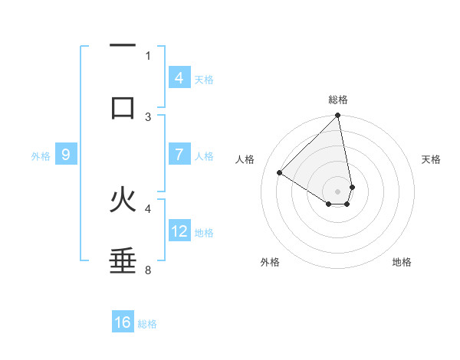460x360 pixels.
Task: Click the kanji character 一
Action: pos(123,47)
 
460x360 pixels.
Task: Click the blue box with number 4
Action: pos(179,77)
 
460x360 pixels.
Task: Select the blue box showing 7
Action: pos(179,155)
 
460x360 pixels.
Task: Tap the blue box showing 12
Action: pos(179,231)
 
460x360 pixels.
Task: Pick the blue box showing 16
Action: pos(123,322)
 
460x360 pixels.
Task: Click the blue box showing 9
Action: pos(66,155)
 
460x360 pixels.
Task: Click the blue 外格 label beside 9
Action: pos(41,155)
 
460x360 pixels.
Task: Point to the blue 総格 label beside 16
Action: pos(147,323)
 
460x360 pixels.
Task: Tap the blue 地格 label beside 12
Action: pos(204,232)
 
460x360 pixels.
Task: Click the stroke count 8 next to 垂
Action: pos(148,270)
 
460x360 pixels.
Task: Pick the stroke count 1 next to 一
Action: pos(148,55)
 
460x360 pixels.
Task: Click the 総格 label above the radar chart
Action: pos(338,100)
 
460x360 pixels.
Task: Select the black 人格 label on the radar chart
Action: pos(245,159)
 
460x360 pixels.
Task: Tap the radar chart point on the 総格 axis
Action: pos(337,116)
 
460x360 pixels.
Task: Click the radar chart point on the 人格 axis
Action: pos(280,173)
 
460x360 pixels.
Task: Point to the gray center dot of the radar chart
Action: pos(337,191)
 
